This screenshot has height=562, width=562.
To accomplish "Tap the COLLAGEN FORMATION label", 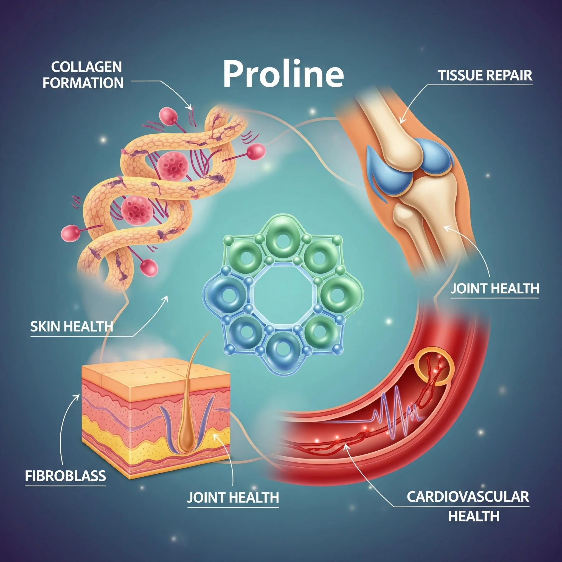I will pyautogui.click(x=83, y=75).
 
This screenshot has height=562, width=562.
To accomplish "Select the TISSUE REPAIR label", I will pyautogui.click(x=485, y=75).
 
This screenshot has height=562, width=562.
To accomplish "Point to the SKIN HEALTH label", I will pyautogui.click(x=72, y=326).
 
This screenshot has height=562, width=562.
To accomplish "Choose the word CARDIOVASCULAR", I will pyautogui.click(x=468, y=497).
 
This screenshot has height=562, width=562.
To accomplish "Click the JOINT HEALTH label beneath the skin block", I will pyautogui.click(x=233, y=498).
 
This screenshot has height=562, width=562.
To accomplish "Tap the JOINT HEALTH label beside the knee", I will pyautogui.click(x=495, y=289).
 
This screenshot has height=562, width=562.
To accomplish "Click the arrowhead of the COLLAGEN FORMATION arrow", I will pyautogui.click(x=191, y=108).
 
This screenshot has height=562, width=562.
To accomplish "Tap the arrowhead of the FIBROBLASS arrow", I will pyautogui.click(x=78, y=396).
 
